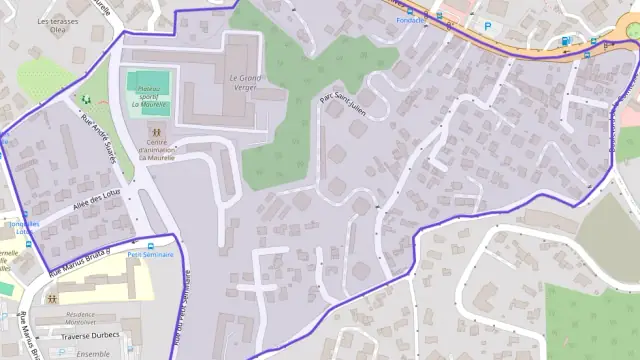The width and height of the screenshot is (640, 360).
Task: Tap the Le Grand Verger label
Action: (x=245, y=82)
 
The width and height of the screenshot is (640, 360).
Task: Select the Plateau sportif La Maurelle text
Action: (x=146, y=96)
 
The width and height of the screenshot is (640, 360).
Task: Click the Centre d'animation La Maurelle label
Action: (x=156, y=149)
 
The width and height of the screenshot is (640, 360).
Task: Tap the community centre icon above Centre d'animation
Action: (x=156, y=130)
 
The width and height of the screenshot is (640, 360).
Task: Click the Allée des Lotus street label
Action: (x=96, y=200)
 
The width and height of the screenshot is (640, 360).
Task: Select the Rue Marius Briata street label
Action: (x=76, y=260)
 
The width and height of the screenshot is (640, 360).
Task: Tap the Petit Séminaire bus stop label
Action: (x=150, y=255)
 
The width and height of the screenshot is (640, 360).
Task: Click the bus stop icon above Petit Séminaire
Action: (x=150, y=245)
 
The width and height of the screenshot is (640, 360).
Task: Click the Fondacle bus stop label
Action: (x=409, y=20)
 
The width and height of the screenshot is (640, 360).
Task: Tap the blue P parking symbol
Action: (x=488, y=26)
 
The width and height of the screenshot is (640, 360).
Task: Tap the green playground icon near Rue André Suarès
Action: (x=86, y=99)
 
